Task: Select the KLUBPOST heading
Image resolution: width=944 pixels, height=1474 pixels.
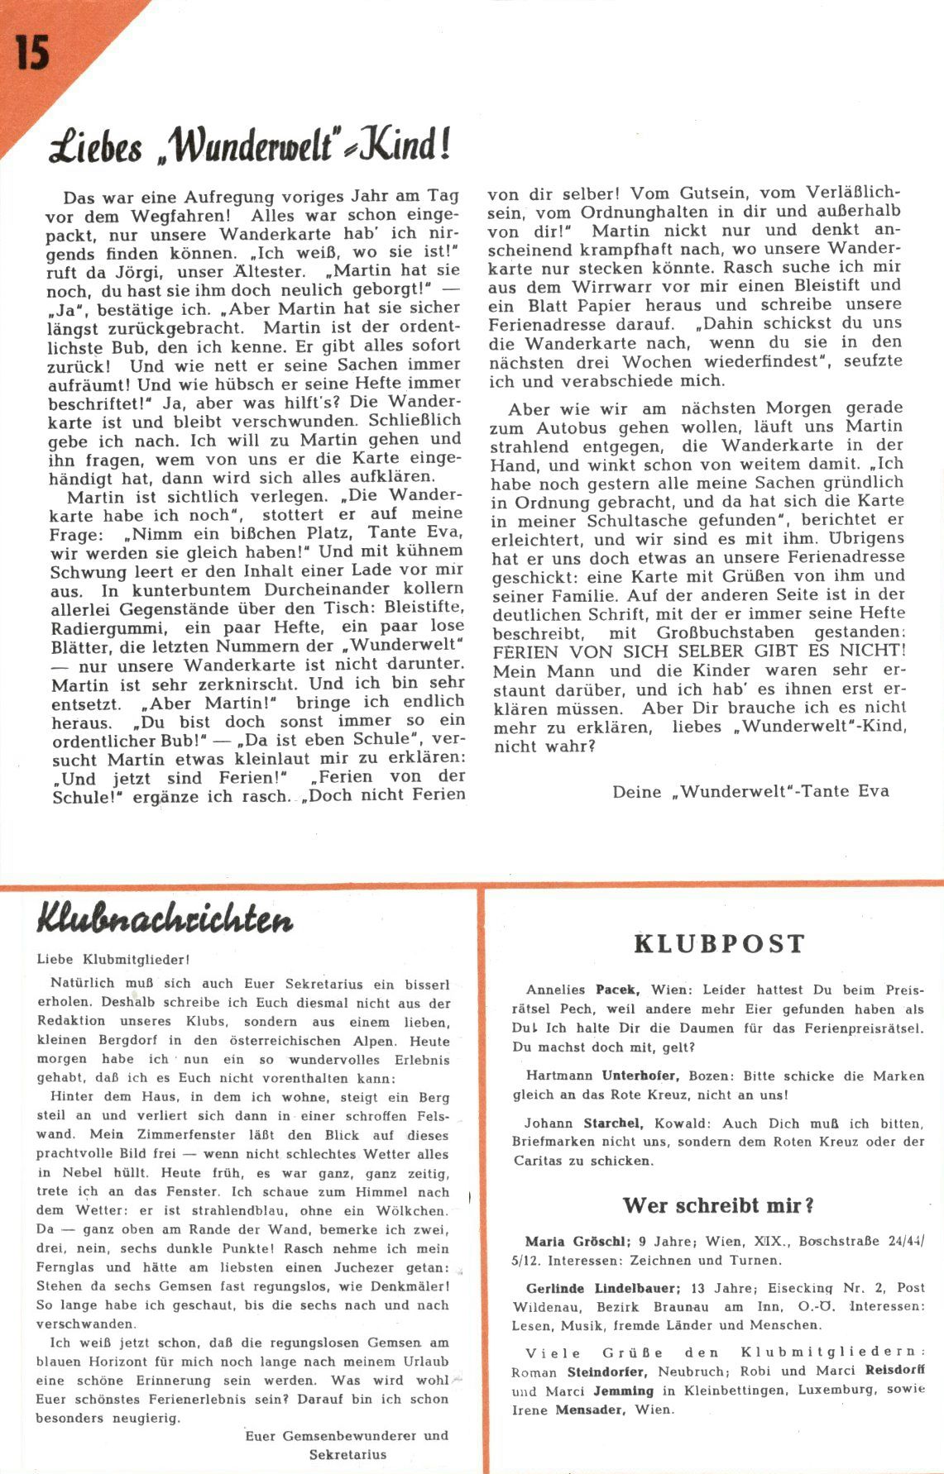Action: coord(719,944)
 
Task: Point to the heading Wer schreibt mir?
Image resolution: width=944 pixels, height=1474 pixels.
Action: coord(718,1205)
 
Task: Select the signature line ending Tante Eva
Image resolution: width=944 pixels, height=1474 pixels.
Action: coord(750,791)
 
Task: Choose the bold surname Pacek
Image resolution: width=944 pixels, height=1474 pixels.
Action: coord(616,990)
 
